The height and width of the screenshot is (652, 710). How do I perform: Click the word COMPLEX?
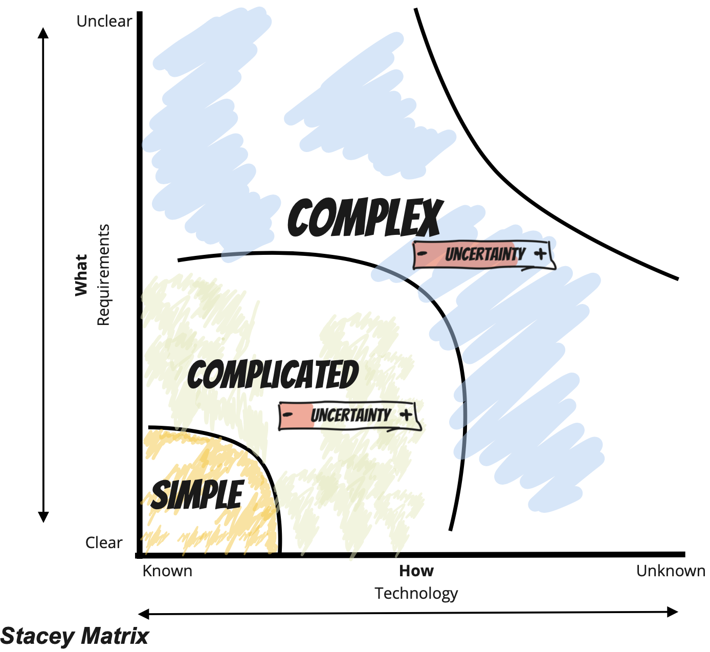click(365, 218)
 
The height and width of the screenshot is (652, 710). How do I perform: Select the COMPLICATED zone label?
click(273, 375)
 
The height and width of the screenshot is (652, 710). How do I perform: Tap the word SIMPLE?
click(197, 495)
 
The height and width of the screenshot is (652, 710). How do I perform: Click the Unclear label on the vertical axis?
click(104, 21)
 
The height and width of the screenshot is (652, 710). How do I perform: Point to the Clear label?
click(104, 542)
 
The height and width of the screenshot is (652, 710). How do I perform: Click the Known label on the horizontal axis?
click(167, 571)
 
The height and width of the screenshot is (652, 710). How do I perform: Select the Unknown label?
click(671, 571)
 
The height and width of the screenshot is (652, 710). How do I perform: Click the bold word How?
click(416, 571)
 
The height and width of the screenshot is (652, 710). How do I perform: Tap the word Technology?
click(416, 594)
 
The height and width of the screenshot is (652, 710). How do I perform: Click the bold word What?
click(81, 275)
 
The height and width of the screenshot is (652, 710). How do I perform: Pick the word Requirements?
click(103, 275)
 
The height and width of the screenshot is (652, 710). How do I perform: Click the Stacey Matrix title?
click(75, 636)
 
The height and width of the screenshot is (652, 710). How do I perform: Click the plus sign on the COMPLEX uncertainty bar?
click(540, 253)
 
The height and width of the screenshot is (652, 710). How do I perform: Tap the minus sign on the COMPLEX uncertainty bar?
click(423, 253)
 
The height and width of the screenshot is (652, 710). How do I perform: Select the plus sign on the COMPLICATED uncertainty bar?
click(406, 415)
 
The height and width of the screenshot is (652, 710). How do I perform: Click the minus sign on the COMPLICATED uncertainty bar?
click(288, 414)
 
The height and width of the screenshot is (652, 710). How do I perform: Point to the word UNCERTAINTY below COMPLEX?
click(485, 254)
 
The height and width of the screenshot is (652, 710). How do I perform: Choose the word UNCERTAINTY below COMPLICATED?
click(351, 415)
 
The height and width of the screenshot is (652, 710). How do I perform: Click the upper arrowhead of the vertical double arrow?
click(43, 33)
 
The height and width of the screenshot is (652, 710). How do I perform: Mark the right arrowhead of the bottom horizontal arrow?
click(673, 612)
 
